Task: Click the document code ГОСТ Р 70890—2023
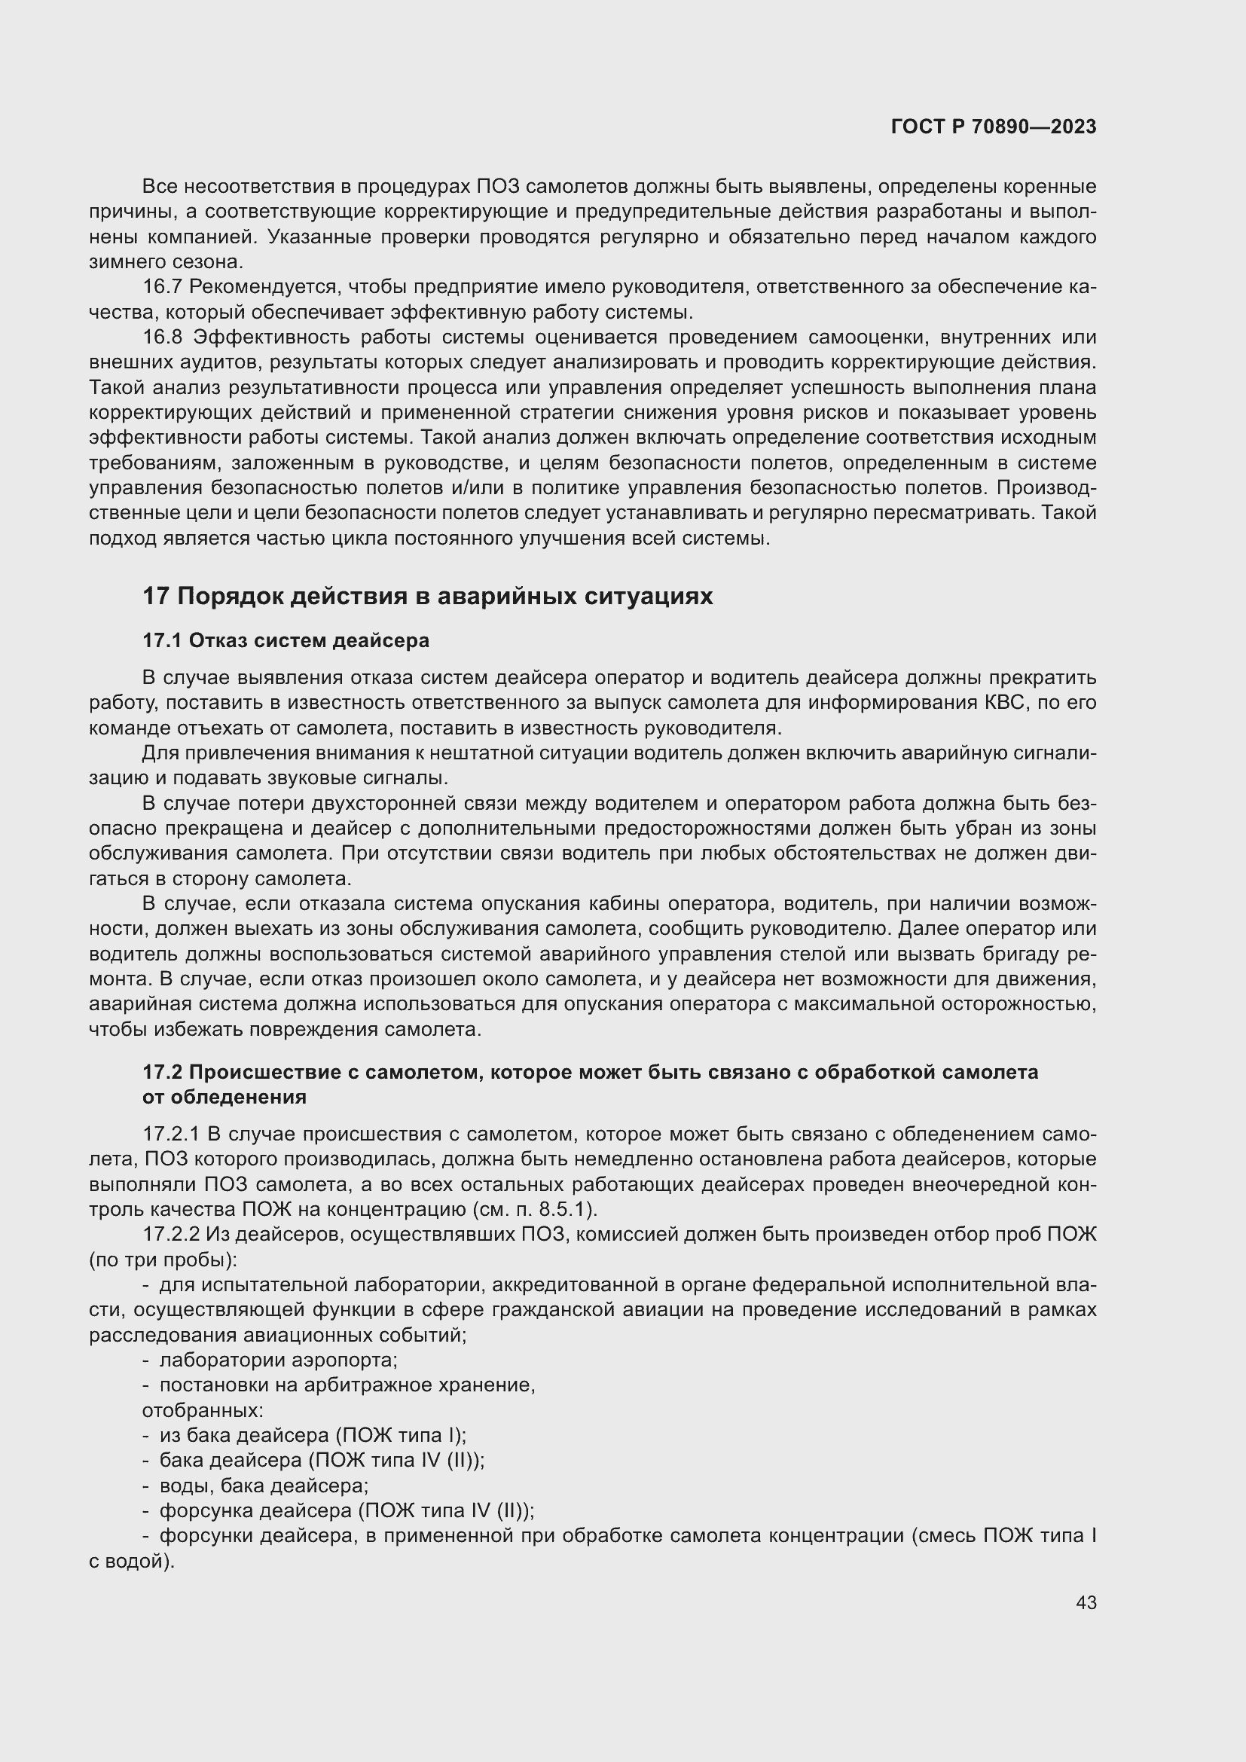coord(993,127)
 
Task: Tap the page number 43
coord(1086,1602)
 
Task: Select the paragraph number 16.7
coord(162,287)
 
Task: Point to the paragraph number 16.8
coord(162,337)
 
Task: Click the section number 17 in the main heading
coord(155,597)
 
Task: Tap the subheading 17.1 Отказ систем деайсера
coord(286,640)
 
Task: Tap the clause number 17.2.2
coord(171,1235)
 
